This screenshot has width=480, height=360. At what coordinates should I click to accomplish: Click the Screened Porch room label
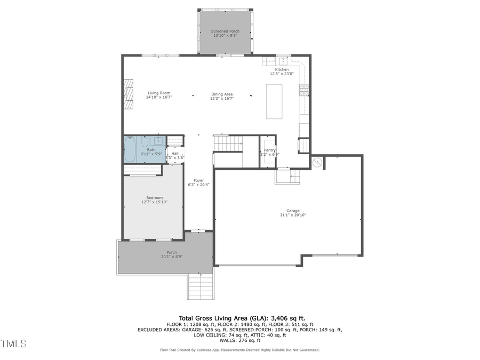coord(225,31)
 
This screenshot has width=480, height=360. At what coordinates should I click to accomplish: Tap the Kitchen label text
coord(282,70)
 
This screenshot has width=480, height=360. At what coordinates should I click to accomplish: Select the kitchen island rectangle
coord(274,101)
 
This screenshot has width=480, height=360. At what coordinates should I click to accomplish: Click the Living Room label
coord(159,93)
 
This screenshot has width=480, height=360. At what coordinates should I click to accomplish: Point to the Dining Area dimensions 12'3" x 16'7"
coord(222,98)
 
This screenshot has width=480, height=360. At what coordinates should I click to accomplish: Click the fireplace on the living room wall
coord(128,94)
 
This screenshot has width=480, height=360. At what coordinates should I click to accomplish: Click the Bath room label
coord(151,150)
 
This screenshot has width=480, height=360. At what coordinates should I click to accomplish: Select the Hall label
coord(175,153)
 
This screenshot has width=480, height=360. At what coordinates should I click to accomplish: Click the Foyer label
coord(198,181)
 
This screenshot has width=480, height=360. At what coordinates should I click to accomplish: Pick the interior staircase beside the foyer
coord(228,143)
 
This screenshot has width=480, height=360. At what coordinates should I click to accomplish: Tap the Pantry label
coord(269,150)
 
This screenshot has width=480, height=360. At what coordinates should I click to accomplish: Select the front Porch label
coord(172,252)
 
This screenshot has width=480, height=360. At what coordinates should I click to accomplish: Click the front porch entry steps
coord(201,286)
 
